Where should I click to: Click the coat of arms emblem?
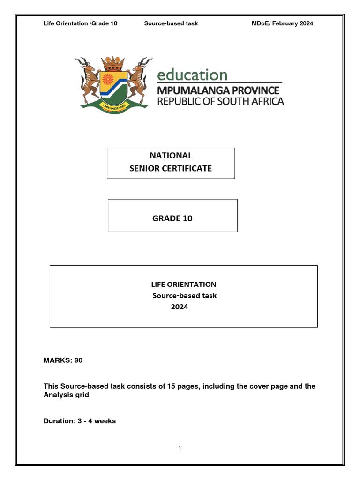click(x=114, y=83)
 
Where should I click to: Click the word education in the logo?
click(x=192, y=75)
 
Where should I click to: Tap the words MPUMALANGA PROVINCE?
click(x=218, y=90)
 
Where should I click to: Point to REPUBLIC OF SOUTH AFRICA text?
click(x=220, y=101)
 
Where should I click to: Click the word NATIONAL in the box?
click(x=171, y=156)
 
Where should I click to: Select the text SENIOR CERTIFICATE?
click(x=171, y=168)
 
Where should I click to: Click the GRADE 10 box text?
click(x=172, y=218)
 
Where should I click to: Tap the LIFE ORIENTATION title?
click(x=183, y=284)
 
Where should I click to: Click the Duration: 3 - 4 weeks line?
click(x=80, y=421)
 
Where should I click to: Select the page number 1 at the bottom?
click(x=180, y=448)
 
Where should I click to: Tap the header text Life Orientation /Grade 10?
click(x=80, y=23)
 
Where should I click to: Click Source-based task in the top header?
click(x=171, y=23)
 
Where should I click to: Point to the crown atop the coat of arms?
click(x=114, y=62)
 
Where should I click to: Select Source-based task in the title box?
click(x=185, y=295)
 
